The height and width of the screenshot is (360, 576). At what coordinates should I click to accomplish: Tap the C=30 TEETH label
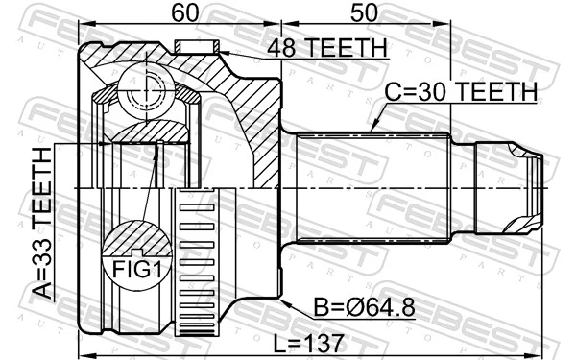(461, 92)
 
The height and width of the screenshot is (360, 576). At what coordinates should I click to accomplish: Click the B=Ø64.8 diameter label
(362, 309)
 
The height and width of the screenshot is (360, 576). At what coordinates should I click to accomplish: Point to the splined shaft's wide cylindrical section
(370, 187)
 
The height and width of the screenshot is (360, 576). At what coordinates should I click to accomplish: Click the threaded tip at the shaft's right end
(523, 187)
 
